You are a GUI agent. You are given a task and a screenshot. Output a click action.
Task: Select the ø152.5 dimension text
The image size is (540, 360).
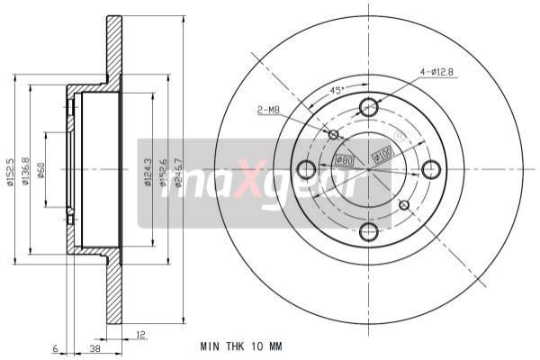pyautogui.click(x=10, y=170)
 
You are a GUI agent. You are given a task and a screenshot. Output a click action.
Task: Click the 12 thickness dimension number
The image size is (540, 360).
pyautogui.click(x=140, y=335)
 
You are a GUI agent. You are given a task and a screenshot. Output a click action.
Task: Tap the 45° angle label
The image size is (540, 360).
pyautogui.click(x=336, y=91)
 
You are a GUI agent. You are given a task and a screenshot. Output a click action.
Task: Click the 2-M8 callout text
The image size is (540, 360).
pyautogui.click(x=267, y=110)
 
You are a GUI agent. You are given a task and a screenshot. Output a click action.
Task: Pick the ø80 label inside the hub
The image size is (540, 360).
pyautogui.click(x=344, y=160)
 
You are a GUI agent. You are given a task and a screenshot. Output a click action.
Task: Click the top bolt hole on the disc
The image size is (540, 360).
pyautogui.click(x=368, y=107)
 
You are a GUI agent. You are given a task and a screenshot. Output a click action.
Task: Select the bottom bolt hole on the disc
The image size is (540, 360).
pyautogui.click(x=368, y=231)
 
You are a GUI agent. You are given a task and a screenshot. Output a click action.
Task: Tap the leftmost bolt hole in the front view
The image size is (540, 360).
pyautogui.click(x=306, y=169)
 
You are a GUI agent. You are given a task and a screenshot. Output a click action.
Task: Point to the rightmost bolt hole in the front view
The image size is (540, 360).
pyautogui.click(x=430, y=169)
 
